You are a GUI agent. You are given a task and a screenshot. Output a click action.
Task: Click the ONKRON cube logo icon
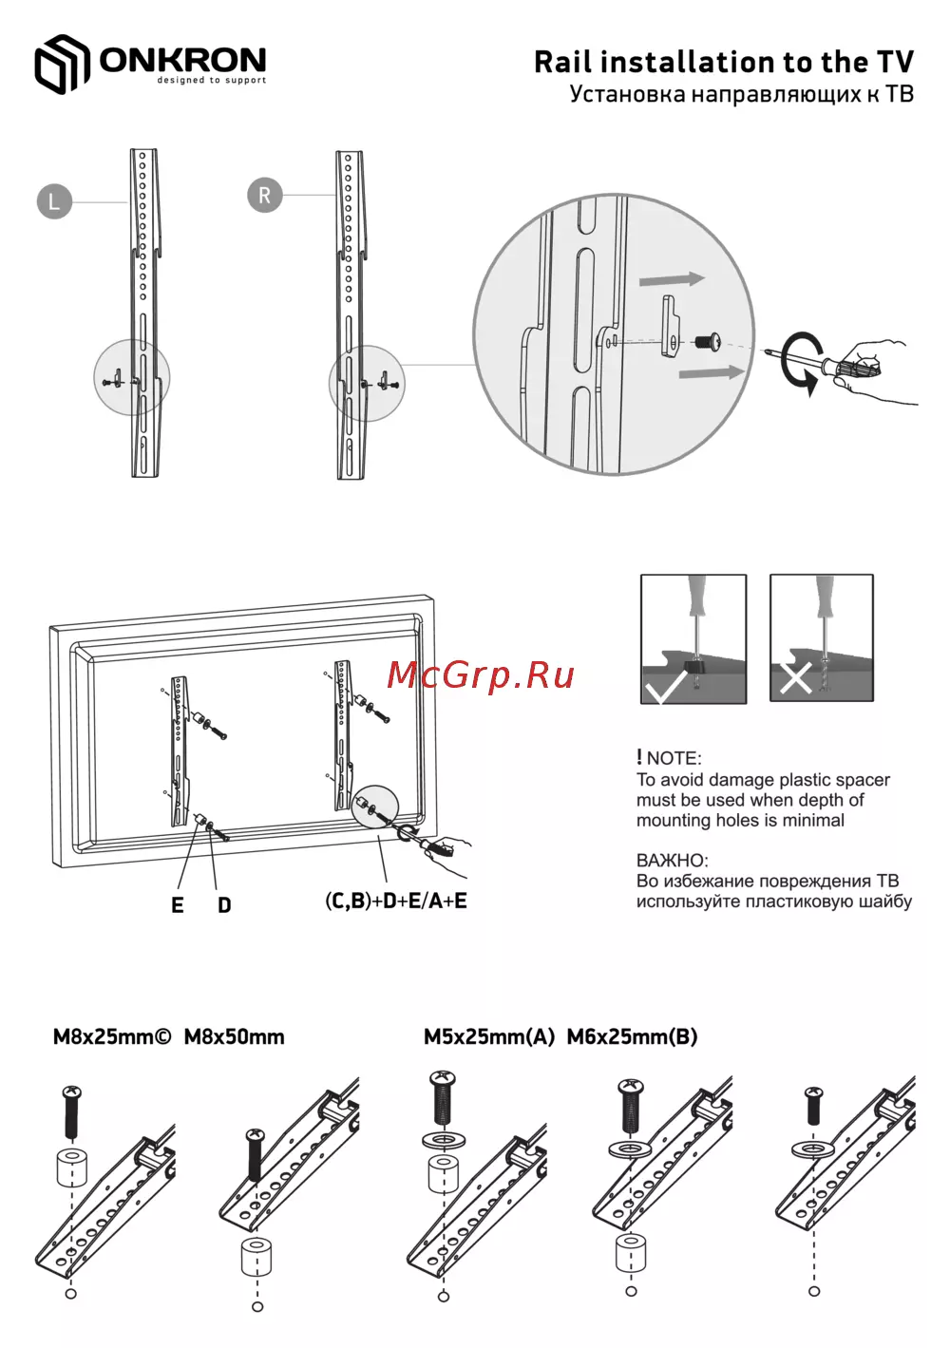(62, 64)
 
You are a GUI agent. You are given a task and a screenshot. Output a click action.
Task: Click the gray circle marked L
(54, 201)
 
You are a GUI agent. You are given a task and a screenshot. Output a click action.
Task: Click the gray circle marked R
(265, 195)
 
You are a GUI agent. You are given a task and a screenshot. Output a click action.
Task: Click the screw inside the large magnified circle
(708, 341)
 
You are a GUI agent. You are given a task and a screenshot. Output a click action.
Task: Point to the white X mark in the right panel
(795, 677)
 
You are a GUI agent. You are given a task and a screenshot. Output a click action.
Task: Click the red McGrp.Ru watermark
(481, 675)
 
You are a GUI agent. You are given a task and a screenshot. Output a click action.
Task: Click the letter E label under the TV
(177, 904)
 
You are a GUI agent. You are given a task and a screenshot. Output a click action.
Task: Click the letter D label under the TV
(224, 904)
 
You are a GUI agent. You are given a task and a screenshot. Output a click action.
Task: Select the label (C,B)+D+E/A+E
(396, 901)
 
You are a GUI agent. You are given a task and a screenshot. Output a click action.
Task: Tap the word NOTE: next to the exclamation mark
(674, 758)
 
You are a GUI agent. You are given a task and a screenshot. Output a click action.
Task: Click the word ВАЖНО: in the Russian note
(672, 861)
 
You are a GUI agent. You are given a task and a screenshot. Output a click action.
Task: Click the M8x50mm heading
(234, 1036)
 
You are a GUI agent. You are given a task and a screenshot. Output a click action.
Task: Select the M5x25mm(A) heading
(489, 1036)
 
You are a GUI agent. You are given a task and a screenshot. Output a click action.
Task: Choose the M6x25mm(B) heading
(633, 1036)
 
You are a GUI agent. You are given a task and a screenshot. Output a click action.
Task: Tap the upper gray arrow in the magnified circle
(672, 280)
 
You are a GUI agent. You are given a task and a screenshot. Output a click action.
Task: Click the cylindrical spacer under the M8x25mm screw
(72, 1168)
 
